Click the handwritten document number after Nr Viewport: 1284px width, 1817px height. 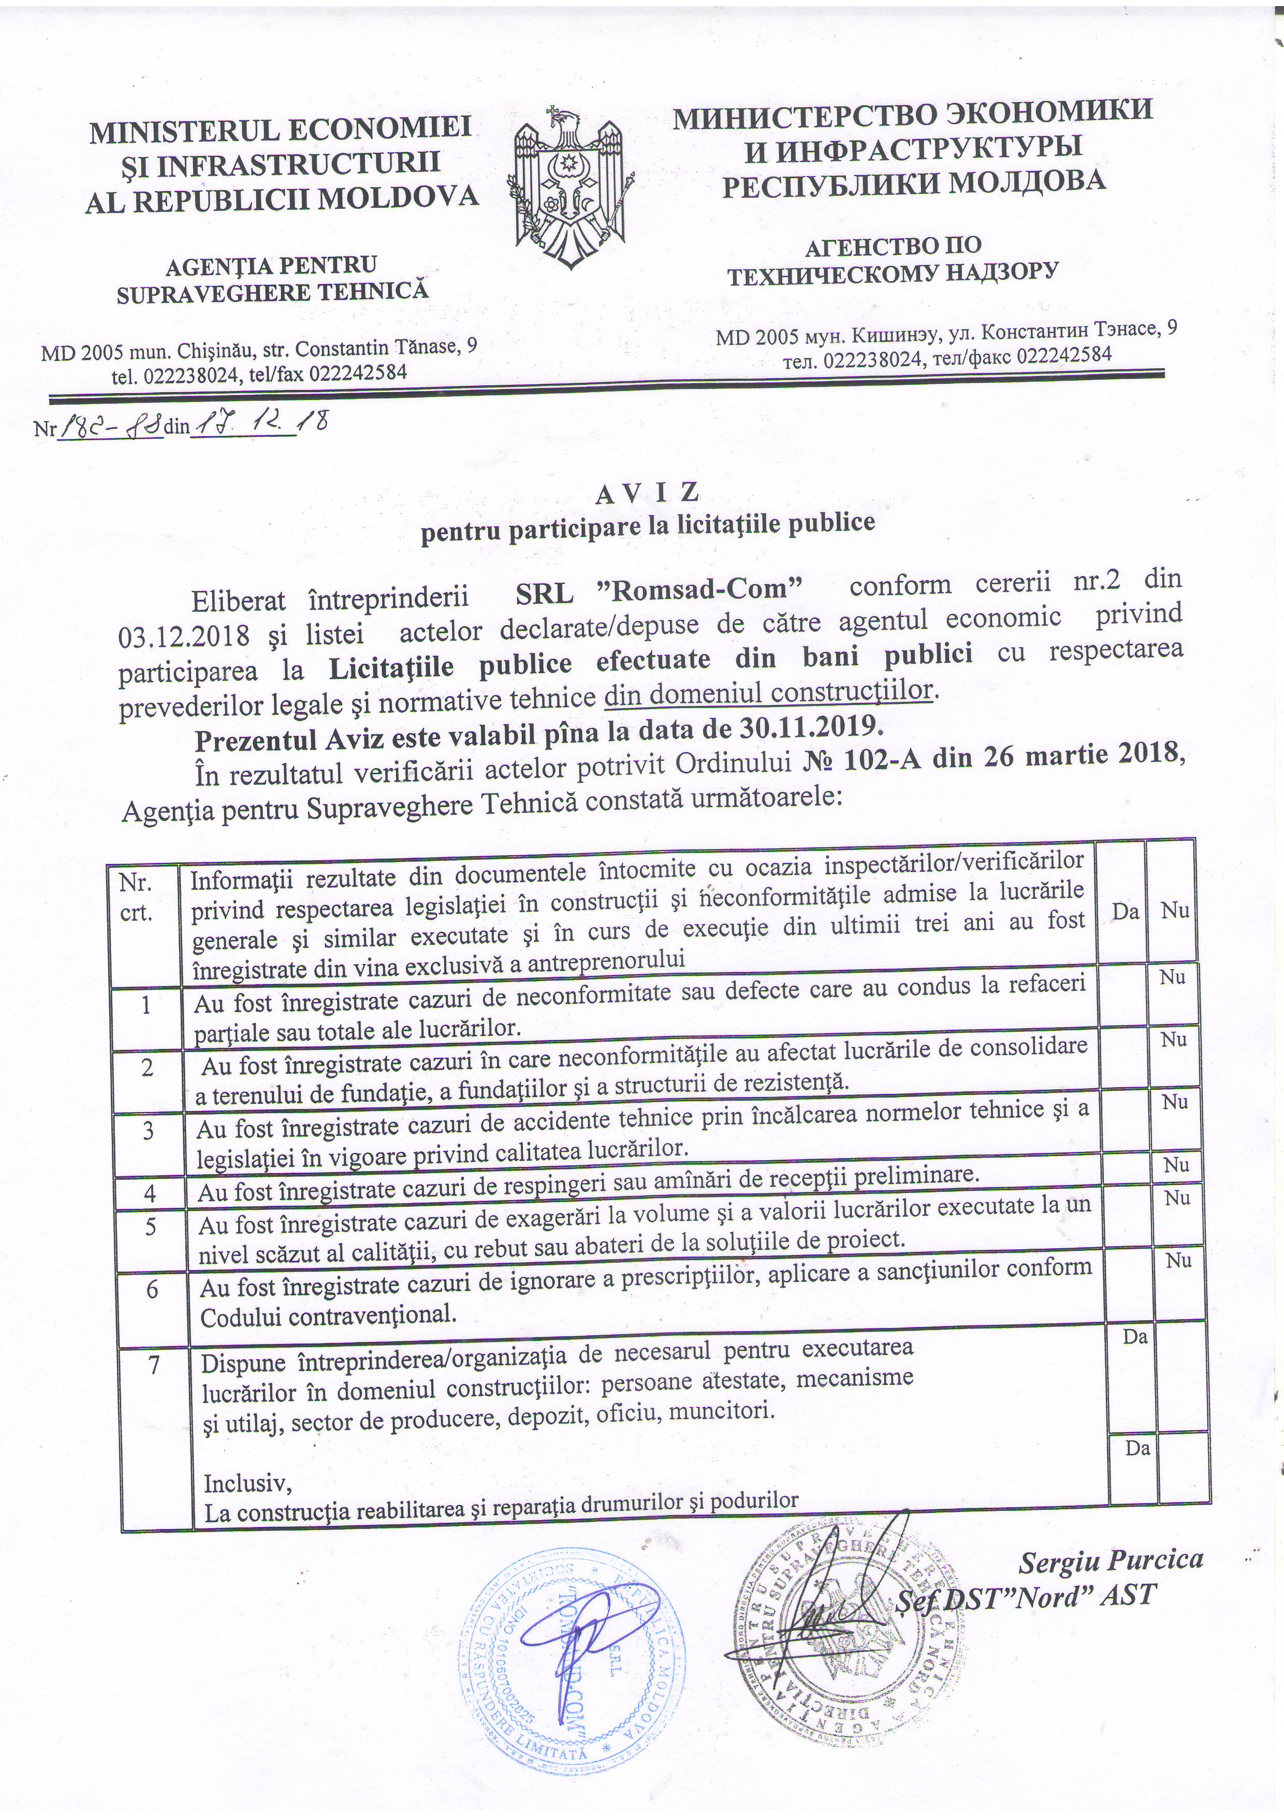pyautogui.click(x=111, y=427)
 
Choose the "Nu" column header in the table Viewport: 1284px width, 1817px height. pyautogui.click(x=1175, y=911)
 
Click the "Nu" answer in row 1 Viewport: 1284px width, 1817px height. pyautogui.click(x=1173, y=978)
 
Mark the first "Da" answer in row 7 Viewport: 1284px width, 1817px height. pyautogui.click(x=1135, y=1337)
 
